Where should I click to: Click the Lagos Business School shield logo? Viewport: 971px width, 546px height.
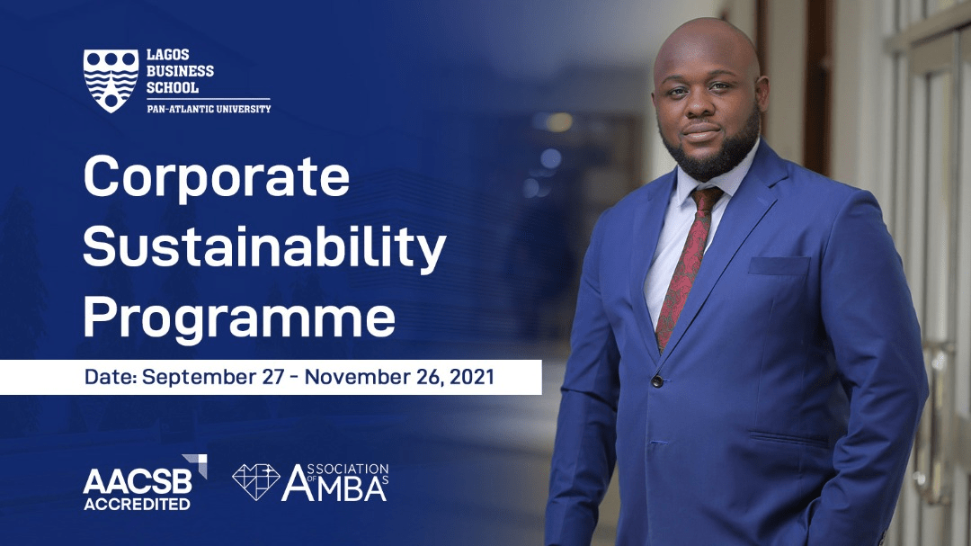click(111, 81)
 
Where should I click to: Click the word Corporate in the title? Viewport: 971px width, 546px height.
click(217, 176)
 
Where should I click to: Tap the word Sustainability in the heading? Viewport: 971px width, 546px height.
click(264, 247)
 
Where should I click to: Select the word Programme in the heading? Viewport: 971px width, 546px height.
click(239, 318)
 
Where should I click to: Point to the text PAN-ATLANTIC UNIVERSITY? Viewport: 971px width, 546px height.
click(209, 109)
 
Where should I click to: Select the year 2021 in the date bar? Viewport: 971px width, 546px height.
click(472, 377)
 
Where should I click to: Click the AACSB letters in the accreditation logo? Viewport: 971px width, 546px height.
click(138, 481)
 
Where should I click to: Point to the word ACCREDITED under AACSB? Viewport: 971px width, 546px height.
click(137, 504)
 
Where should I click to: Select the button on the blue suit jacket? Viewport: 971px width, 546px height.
click(656, 381)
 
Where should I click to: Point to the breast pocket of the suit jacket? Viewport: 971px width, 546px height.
click(779, 266)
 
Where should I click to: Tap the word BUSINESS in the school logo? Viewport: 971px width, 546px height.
click(180, 71)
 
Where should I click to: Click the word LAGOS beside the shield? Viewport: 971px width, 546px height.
click(168, 55)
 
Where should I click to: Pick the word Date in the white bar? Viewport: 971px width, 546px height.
click(110, 377)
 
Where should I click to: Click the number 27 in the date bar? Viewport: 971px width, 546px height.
click(272, 377)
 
